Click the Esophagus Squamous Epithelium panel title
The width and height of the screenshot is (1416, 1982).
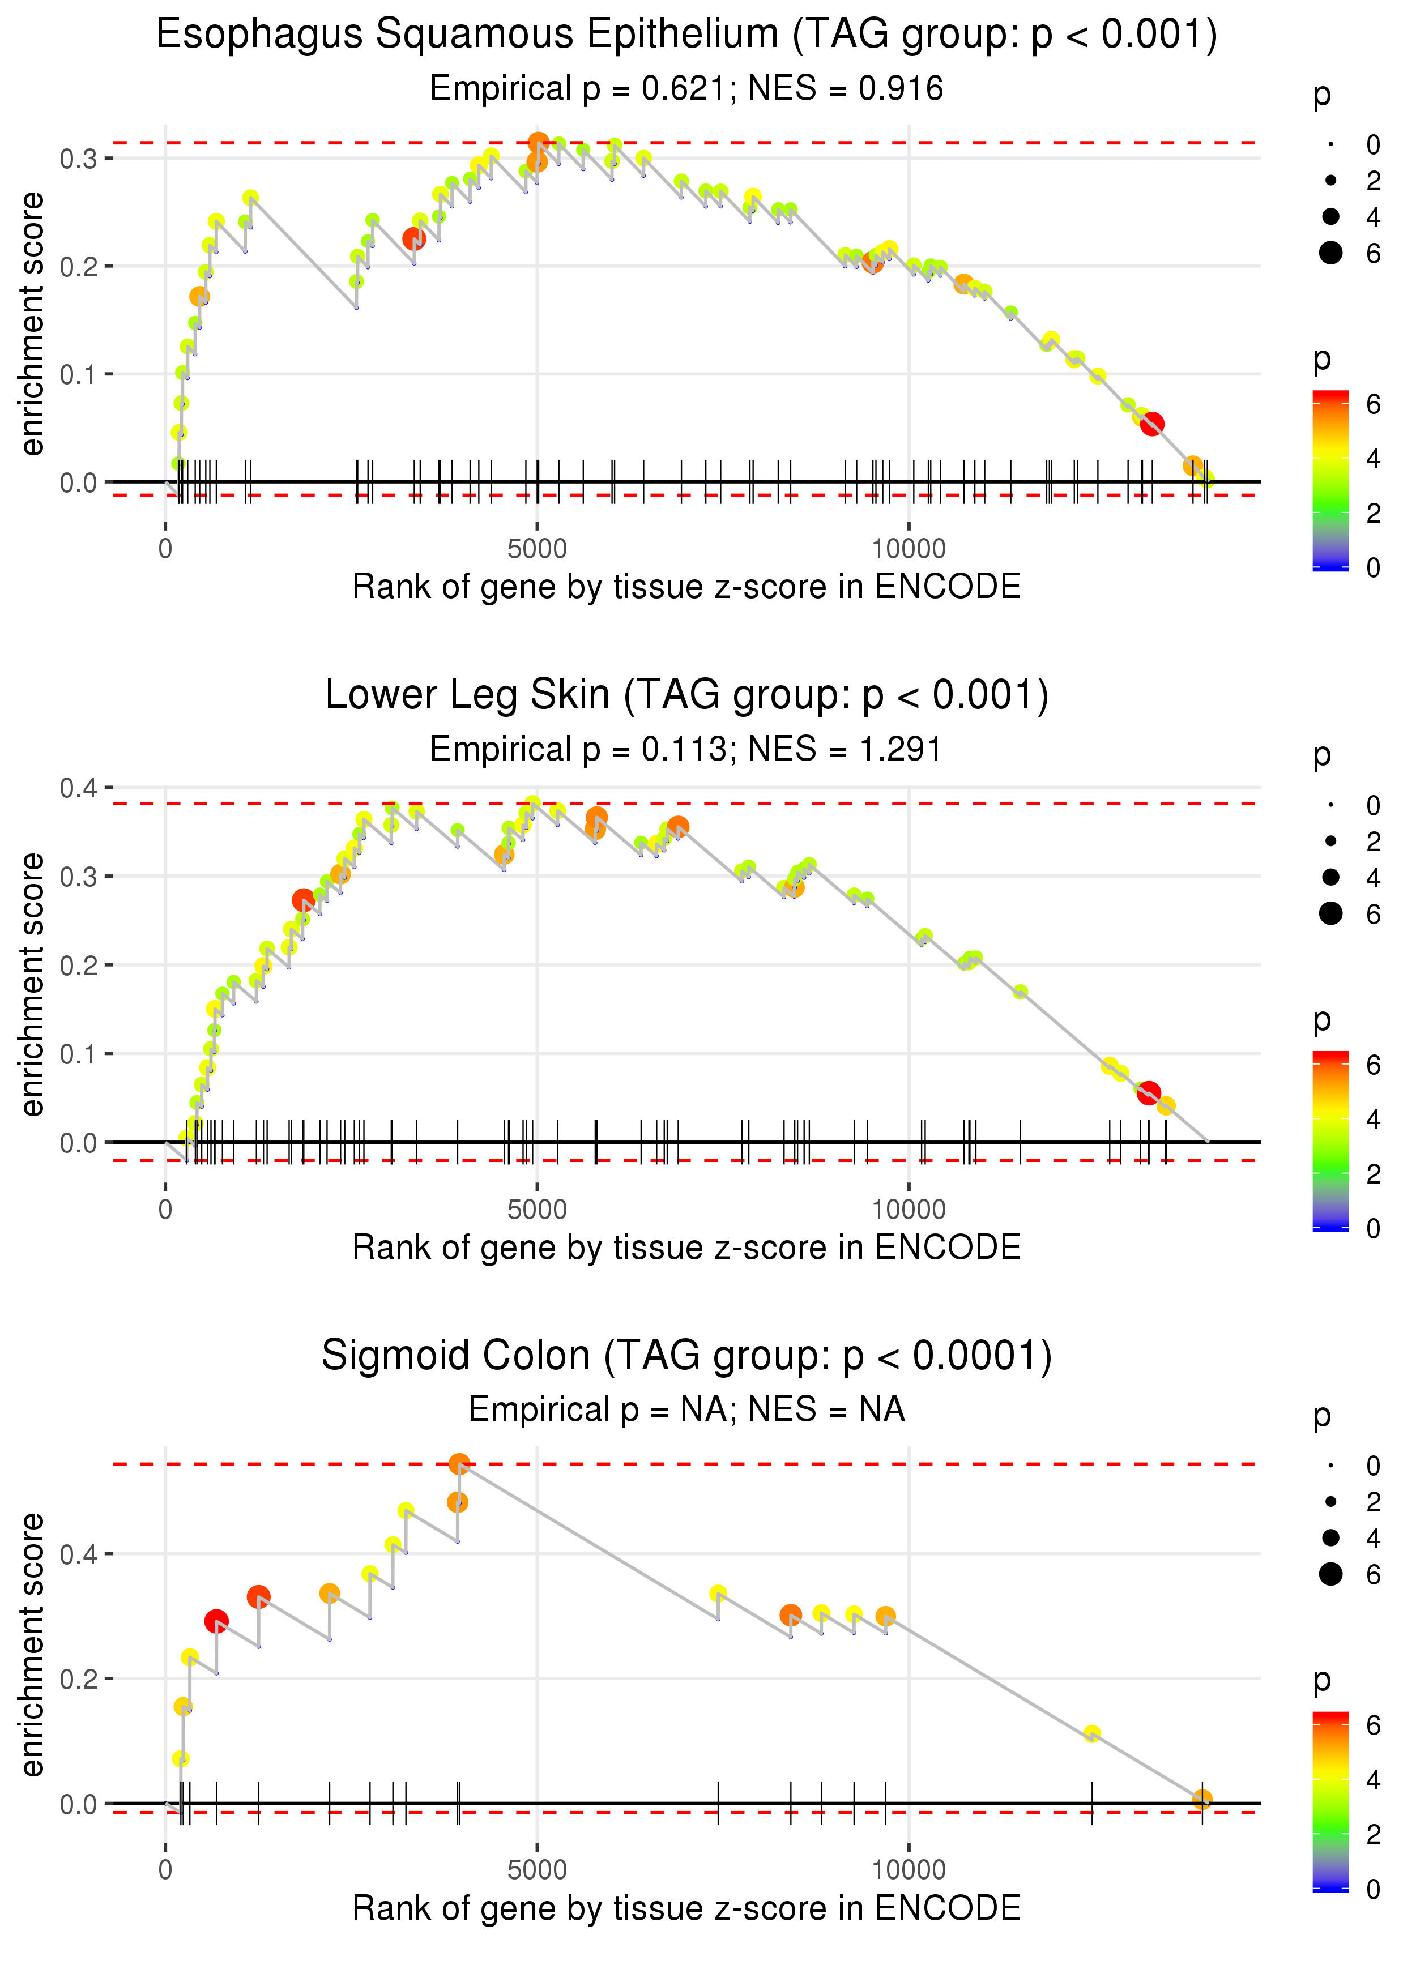tap(686, 35)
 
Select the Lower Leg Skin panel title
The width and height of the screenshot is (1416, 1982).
tap(686, 695)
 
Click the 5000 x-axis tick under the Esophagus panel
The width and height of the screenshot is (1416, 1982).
tap(537, 549)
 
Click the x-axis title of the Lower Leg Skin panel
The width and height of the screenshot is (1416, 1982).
tap(686, 1248)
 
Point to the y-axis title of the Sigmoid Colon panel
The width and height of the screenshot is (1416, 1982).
tap(32, 1644)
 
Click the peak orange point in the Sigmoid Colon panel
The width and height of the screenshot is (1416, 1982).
tap(459, 1465)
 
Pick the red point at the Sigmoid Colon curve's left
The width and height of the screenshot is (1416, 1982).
tap(216, 1621)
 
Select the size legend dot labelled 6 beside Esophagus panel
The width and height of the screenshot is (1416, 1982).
tap(1330, 253)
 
